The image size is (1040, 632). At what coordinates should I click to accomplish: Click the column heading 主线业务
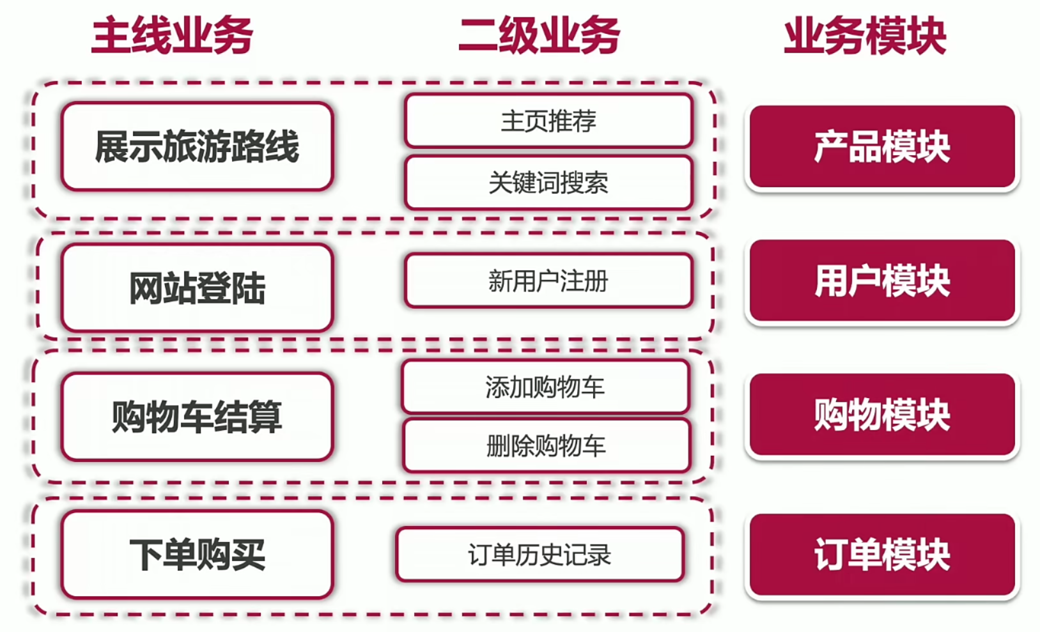click(x=172, y=35)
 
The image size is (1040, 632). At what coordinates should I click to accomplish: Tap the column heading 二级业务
click(x=539, y=35)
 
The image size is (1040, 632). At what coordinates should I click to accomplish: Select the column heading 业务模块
click(x=865, y=35)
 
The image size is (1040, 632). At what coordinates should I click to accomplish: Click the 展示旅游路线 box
click(x=198, y=146)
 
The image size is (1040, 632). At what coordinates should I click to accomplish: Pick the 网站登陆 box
click(x=198, y=288)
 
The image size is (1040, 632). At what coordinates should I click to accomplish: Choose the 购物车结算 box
click(x=198, y=416)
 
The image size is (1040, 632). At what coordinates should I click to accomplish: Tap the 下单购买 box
click(x=198, y=554)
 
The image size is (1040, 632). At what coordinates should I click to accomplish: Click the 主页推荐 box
click(x=549, y=121)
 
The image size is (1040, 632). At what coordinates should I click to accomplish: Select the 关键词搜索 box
click(x=549, y=182)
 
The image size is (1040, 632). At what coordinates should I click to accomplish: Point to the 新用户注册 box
click(x=549, y=281)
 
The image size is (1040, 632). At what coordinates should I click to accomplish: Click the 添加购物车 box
click(x=545, y=387)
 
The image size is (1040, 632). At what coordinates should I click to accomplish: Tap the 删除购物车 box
click(x=547, y=445)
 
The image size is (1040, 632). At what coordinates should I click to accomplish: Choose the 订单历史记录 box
click(x=540, y=554)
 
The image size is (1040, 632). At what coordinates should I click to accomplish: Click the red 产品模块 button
click(x=882, y=146)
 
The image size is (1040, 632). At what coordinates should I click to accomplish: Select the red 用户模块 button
click(x=882, y=281)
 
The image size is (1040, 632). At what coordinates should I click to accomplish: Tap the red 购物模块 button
click(x=882, y=414)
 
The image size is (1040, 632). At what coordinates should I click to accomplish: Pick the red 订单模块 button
click(x=882, y=555)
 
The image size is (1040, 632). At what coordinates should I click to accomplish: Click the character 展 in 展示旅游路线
click(x=112, y=146)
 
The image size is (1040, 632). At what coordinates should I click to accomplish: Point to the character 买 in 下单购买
click(x=249, y=555)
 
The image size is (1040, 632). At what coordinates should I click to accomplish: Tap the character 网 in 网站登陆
click(x=146, y=288)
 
